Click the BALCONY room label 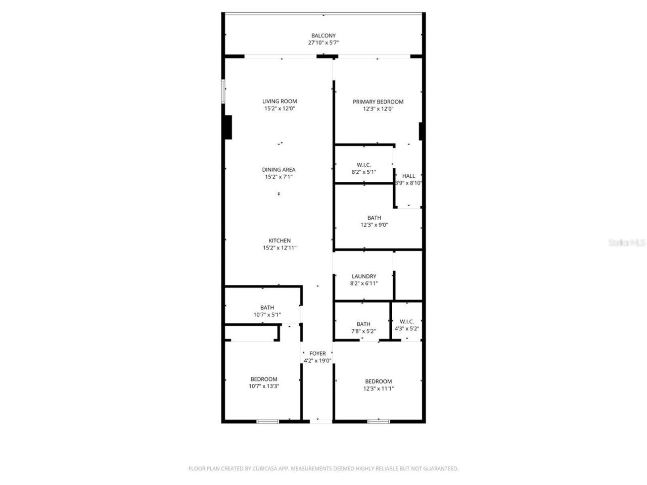(x=323, y=35)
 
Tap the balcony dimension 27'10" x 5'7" (x=323, y=43)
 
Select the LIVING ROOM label (x=280, y=101)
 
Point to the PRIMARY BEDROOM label (x=378, y=102)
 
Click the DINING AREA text (x=279, y=170)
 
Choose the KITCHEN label (x=280, y=240)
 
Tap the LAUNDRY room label (x=364, y=276)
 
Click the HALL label (x=408, y=176)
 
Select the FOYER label (x=317, y=354)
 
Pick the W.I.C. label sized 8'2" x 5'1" (x=364, y=165)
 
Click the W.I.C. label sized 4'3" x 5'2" (x=407, y=321)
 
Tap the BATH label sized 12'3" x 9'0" (x=374, y=218)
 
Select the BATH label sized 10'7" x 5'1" (x=267, y=307)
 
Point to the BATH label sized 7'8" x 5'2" (x=363, y=324)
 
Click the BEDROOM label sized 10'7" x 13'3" (x=264, y=379)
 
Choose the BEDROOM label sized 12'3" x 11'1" (x=379, y=381)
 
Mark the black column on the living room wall (x=228, y=127)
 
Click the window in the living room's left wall (x=223, y=91)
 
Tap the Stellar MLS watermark (x=627, y=243)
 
